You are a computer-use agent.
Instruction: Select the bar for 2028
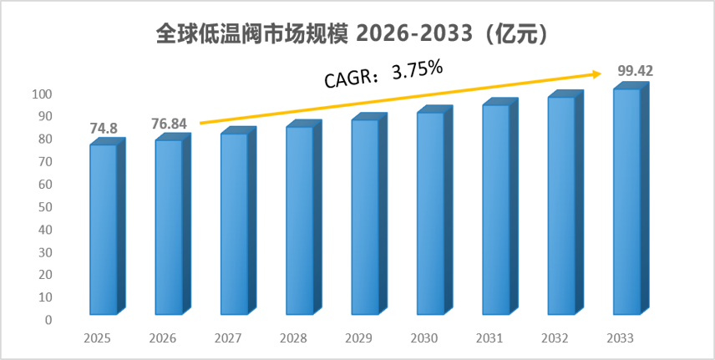[304, 217]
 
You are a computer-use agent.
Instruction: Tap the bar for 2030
[434, 210]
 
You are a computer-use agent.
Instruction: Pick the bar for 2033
[631, 199]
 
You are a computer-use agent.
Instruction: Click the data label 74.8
[104, 129]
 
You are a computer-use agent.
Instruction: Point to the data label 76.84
[169, 124]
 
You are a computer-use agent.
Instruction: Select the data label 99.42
[635, 71]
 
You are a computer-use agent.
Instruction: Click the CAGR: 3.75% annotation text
[383, 74]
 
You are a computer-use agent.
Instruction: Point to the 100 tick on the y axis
[42, 94]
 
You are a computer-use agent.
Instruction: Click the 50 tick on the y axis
[45, 207]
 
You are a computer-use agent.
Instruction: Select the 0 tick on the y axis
[48, 320]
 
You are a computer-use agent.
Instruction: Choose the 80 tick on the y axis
[45, 139]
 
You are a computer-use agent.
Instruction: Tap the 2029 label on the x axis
[359, 338]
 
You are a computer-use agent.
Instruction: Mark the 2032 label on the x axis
[555, 338]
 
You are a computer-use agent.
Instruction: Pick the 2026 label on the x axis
[162, 338]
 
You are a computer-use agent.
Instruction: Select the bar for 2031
[500, 206]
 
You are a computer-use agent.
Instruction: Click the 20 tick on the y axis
[45, 275]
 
